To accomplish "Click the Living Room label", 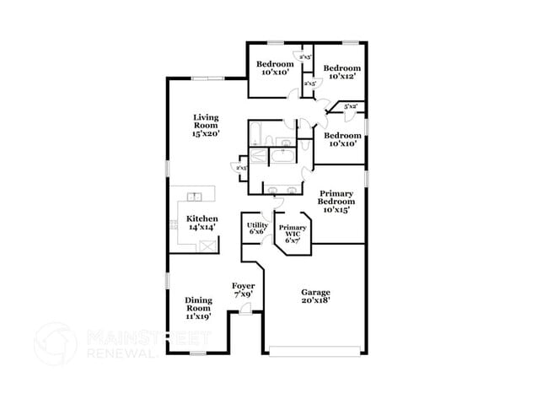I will [207, 126].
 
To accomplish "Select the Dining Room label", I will [199, 308].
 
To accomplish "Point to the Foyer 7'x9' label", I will [243, 290].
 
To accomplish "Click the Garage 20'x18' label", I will [316, 296].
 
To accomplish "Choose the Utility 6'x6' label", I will [257, 229].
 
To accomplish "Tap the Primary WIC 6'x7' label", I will [293, 234].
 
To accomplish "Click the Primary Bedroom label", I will [336, 201].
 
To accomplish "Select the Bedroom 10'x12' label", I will [343, 73].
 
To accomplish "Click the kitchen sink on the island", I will [195, 197].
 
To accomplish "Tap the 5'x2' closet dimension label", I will [351, 106].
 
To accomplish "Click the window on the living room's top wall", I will [207, 79].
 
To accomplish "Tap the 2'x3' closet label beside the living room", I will [241, 168].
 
